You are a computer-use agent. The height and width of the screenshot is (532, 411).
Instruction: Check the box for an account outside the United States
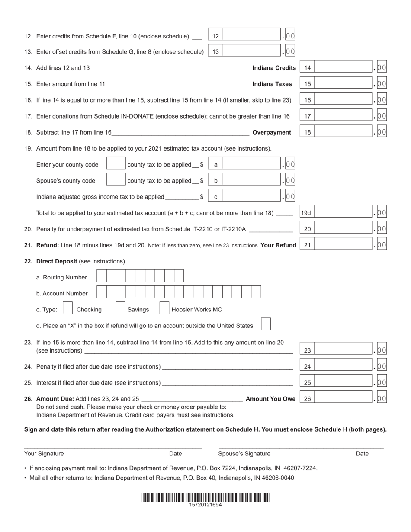pyautogui.click(x=267, y=324)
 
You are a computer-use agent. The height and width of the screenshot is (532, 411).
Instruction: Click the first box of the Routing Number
pyautogui.click(x=101, y=276)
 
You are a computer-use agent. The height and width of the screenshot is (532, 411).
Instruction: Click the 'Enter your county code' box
pyautogui.click(x=116, y=163)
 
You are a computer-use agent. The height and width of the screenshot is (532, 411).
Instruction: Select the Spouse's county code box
pyautogui.click(x=116, y=179)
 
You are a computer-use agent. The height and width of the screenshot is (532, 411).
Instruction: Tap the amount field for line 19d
pyautogui.click(x=344, y=212)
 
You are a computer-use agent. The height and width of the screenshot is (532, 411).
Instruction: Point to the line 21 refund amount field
pyautogui.click(x=344, y=244)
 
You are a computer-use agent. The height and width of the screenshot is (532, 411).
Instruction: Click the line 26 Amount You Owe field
pyautogui.click(x=344, y=398)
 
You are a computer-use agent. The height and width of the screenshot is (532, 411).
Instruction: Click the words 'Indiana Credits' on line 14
pyautogui.click(x=274, y=68)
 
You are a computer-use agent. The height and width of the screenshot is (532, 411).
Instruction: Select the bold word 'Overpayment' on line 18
pyautogui.click(x=272, y=132)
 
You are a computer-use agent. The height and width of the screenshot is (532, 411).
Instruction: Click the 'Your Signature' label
pyautogui.click(x=44, y=454)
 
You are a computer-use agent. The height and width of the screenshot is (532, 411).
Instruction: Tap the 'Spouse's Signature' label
pyautogui.click(x=244, y=454)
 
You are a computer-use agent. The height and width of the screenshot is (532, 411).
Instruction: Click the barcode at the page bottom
pyautogui.click(x=205, y=497)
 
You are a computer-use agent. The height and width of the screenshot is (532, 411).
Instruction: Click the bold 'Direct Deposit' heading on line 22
pyautogui.click(x=57, y=261)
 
